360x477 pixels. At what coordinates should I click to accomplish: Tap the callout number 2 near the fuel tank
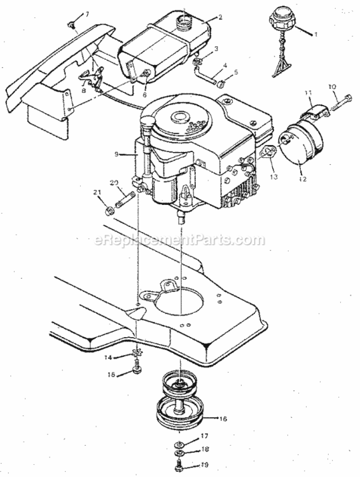point(220,17)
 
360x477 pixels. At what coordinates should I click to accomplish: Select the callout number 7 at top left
point(87,13)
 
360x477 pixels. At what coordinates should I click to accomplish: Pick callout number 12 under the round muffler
point(303,179)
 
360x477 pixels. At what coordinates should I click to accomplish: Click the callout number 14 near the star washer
point(109,358)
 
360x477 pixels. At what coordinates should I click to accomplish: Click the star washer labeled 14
point(135,354)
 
